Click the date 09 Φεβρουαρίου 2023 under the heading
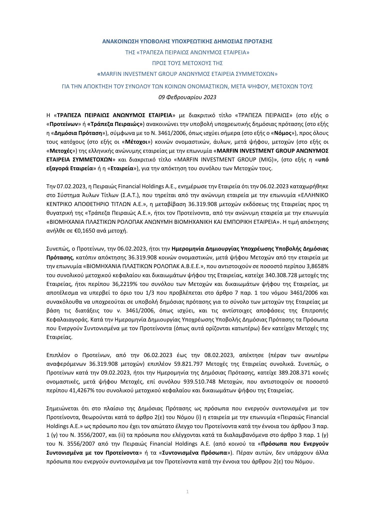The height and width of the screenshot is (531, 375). coord(187,97)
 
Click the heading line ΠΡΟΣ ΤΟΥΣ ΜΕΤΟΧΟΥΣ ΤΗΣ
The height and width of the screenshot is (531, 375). coord(187,63)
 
